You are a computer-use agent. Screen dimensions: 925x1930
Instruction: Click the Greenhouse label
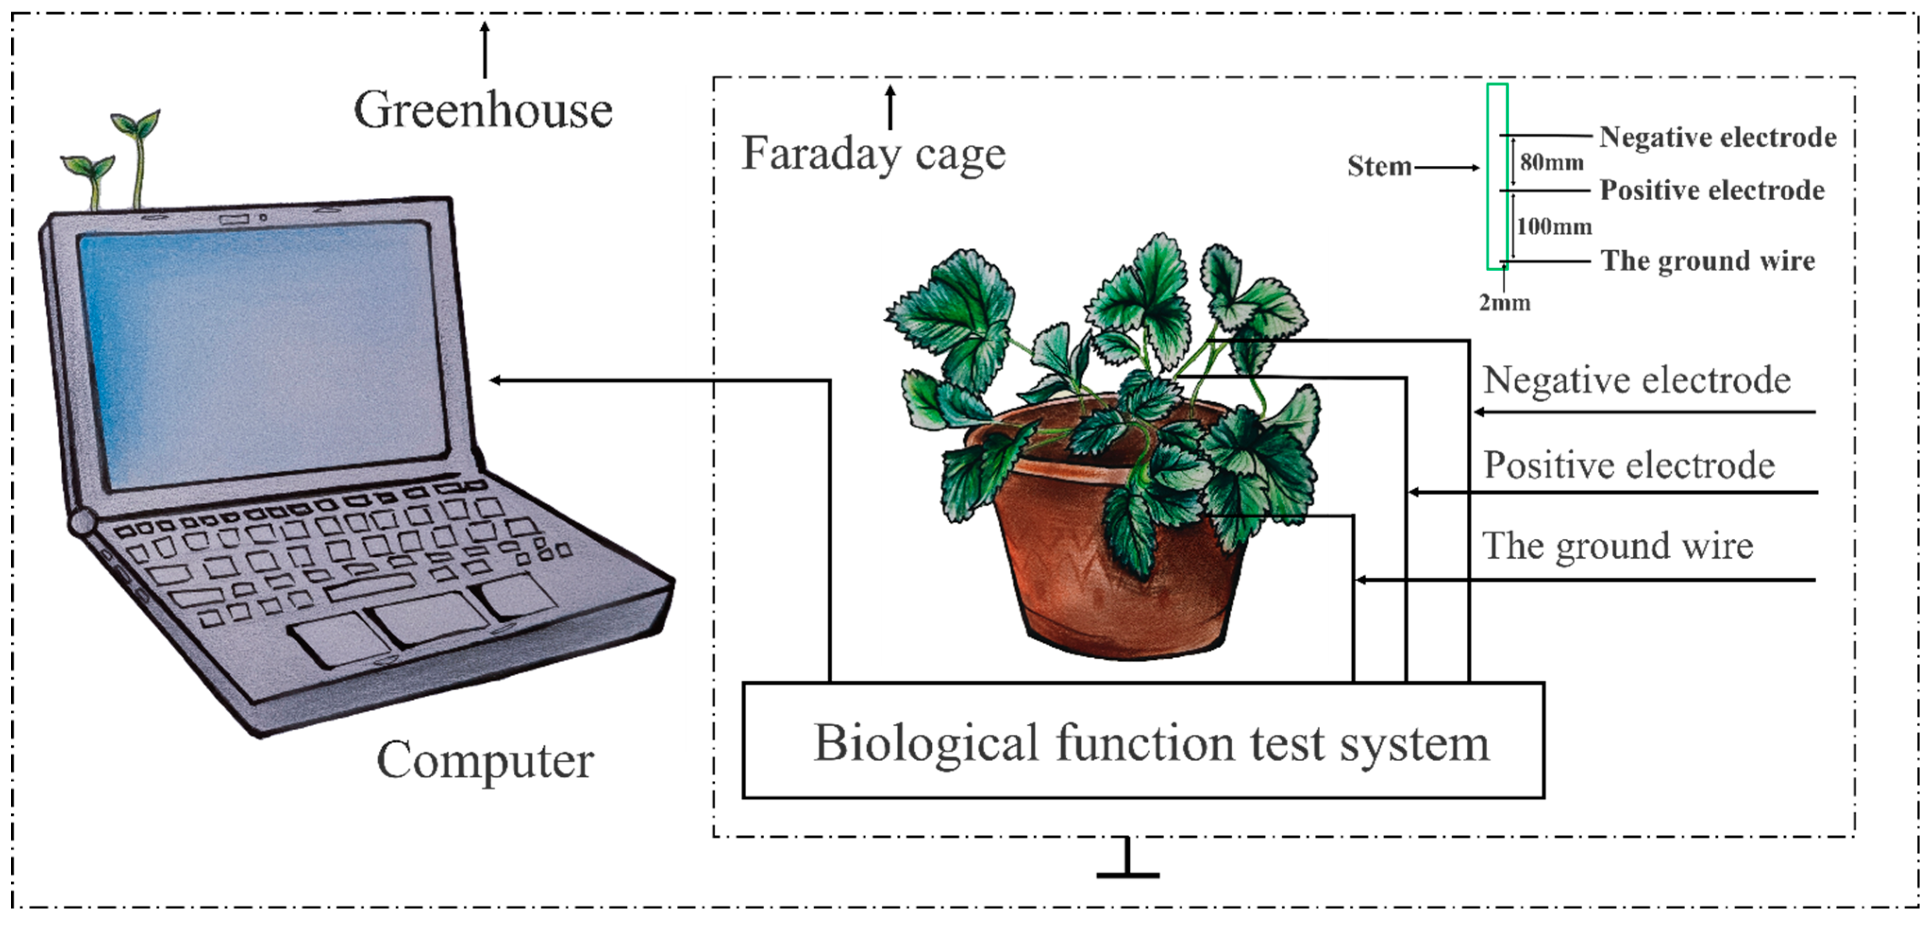[x=483, y=110]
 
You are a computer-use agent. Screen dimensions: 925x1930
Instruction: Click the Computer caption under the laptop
[x=485, y=760]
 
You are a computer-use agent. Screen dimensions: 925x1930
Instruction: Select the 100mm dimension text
[x=1554, y=226]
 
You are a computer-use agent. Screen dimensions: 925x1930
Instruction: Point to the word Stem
[x=1379, y=166]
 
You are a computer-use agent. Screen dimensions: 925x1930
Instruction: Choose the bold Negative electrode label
[x=1717, y=137]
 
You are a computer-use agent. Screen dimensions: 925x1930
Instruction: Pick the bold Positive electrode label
[x=1712, y=190]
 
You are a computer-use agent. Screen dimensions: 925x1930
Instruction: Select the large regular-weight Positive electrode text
[x=1629, y=466]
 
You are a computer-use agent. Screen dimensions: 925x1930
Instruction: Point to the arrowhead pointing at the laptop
[x=496, y=380]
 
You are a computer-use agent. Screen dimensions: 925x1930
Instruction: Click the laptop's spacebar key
[x=370, y=587]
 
